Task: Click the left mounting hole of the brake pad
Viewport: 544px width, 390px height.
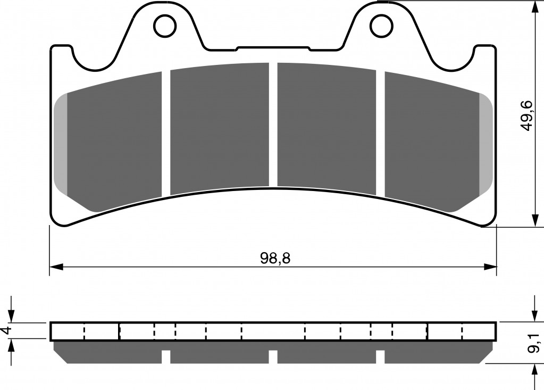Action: pos(165,26)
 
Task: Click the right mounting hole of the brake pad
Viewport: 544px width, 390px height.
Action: pos(381,26)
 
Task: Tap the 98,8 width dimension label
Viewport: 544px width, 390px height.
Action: pos(275,258)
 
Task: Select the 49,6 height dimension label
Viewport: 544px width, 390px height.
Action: pos(526,115)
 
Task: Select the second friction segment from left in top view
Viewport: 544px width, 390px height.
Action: pos(220,129)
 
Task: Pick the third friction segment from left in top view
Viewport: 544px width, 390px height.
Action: pos(327,129)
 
